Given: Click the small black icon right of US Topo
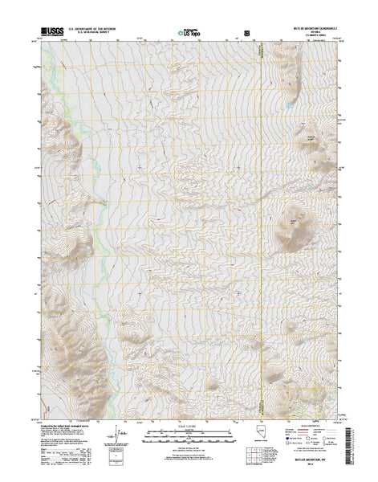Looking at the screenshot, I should tap(246, 35).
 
